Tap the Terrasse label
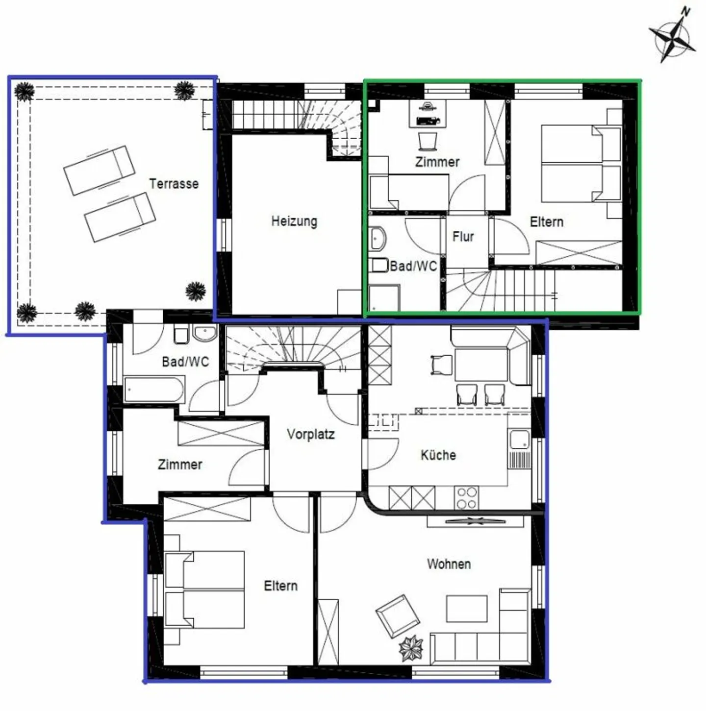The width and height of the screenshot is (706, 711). [x=174, y=184]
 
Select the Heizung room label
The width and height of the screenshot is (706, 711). [x=294, y=221]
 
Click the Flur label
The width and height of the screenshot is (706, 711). [x=463, y=237]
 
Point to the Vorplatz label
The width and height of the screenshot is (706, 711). [x=311, y=434]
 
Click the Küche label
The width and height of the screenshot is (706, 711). [x=438, y=455]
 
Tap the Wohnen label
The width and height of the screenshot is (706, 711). [x=449, y=564]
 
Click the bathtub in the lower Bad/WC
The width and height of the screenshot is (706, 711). [x=154, y=390]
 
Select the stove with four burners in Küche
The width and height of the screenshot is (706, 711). [x=466, y=498]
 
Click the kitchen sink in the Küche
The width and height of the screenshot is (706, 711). [x=519, y=440]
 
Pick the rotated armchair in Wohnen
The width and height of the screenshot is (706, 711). [x=398, y=616]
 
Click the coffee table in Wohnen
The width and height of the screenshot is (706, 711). [x=466, y=608]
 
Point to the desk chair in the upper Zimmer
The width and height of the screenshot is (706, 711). [x=428, y=142]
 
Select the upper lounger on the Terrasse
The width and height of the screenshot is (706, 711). [x=99, y=170]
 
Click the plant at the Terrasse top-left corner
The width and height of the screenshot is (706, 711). [x=24, y=92]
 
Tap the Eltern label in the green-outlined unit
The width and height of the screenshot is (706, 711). [x=546, y=222]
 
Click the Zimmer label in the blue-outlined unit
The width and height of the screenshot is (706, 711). [x=180, y=465]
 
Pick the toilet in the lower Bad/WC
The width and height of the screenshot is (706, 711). [x=181, y=335]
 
